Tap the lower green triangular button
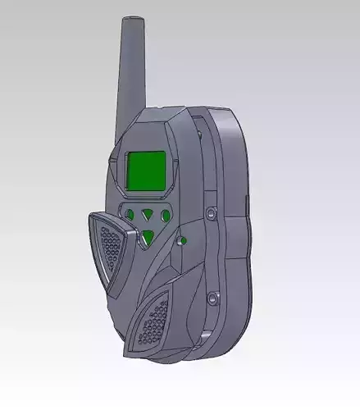pyautogui.click(x=147, y=238)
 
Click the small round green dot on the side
pyautogui.click(x=183, y=241)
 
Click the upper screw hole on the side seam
pyautogui.click(x=210, y=213)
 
